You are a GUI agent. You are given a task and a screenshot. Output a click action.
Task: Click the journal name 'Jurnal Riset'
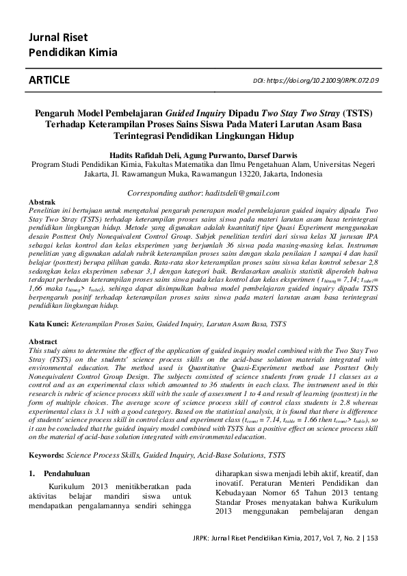(57, 37)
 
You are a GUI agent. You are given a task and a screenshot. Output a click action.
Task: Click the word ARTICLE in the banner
(49, 80)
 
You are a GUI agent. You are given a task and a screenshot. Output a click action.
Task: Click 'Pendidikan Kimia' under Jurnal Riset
(73, 52)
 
